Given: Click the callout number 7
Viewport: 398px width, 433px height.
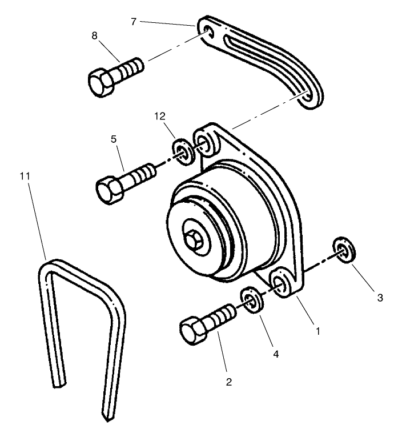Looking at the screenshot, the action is [x=133, y=22].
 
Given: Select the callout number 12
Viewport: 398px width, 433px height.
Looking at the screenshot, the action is [x=159, y=116].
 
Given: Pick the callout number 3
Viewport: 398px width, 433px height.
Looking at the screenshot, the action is [x=380, y=298].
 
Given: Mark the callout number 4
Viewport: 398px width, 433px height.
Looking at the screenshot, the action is [x=276, y=354].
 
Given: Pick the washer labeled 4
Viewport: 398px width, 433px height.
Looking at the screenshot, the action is [x=251, y=299].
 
